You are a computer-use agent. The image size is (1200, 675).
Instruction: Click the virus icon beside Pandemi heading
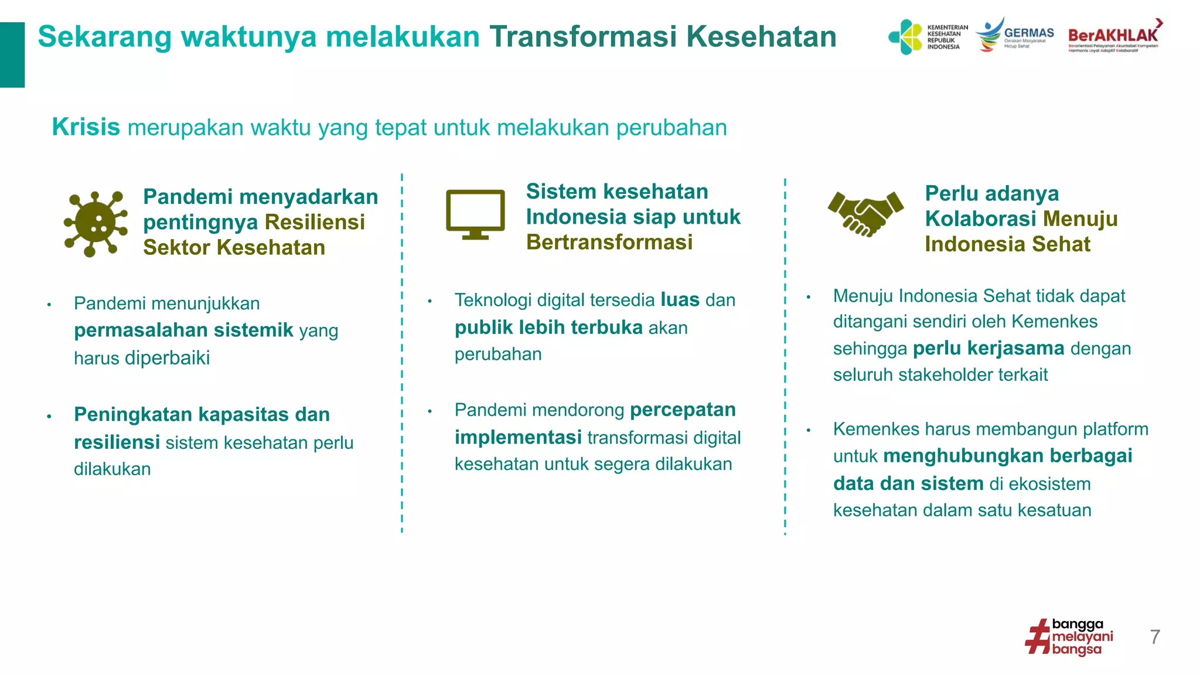click(x=96, y=223)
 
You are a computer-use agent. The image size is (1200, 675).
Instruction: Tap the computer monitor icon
click(x=475, y=214)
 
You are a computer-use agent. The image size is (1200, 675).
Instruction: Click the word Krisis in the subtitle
click(x=86, y=127)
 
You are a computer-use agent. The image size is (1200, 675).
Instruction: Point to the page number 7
click(x=1155, y=637)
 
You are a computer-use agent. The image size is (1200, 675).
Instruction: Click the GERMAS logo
click(x=1015, y=36)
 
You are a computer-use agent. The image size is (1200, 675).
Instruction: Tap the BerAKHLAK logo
click(x=1114, y=36)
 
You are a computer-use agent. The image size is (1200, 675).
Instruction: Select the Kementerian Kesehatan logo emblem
click(x=906, y=37)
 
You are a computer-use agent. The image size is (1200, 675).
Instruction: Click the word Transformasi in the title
click(x=583, y=36)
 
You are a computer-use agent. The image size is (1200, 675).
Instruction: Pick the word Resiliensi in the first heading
click(x=315, y=222)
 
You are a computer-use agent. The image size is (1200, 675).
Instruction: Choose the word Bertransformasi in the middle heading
click(x=609, y=242)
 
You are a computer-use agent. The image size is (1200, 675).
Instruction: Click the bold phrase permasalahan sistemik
click(x=183, y=330)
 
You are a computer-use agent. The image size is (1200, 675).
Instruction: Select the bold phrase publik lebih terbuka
click(x=548, y=328)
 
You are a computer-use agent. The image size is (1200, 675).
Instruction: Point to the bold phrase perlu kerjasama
click(x=988, y=349)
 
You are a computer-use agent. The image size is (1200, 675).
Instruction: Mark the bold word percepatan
click(x=683, y=410)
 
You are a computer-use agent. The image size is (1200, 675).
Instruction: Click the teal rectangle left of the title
click(x=12, y=54)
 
